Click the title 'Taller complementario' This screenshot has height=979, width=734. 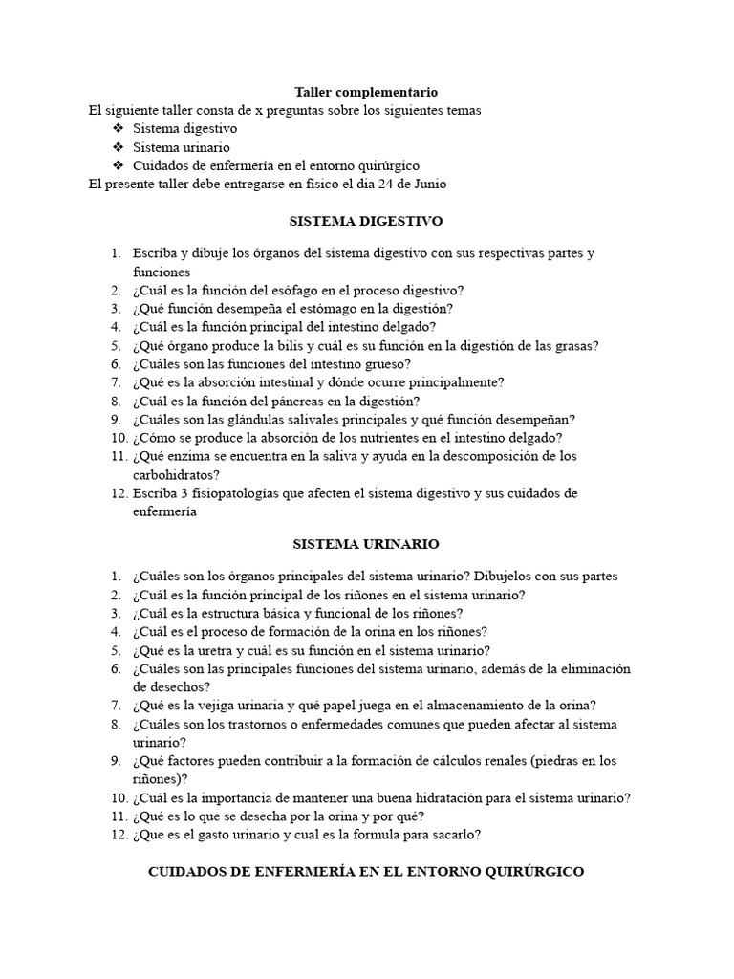(x=366, y=92)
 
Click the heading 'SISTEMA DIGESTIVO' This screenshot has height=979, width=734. (x=366, y=221)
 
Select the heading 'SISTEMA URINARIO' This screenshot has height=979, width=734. (x=366, y=544)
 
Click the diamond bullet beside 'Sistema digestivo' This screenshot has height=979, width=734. (x=118, y=128)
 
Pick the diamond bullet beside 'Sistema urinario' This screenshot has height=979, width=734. (x=118, y=147)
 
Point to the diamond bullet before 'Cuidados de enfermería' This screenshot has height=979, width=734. (x=118, y=165)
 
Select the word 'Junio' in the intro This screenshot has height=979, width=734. (x=427, y=184)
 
